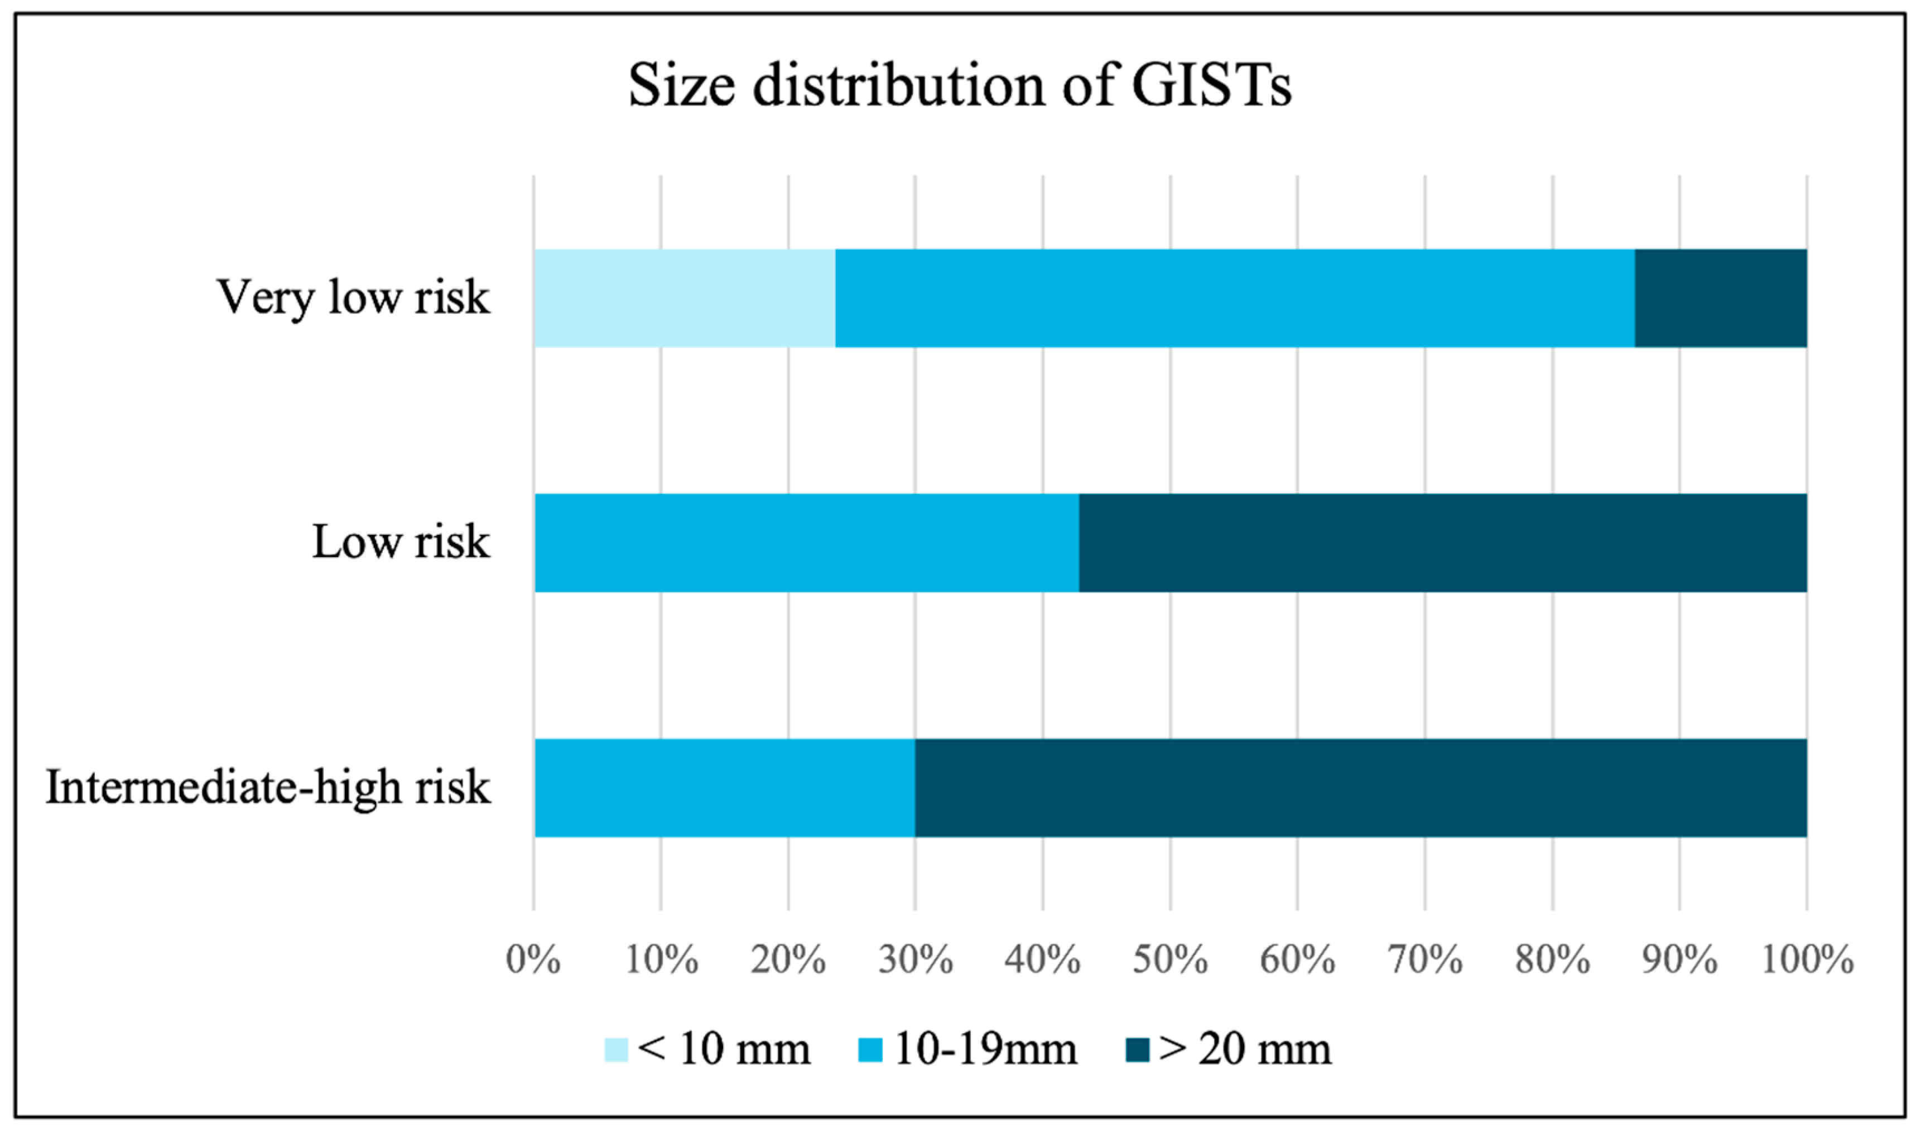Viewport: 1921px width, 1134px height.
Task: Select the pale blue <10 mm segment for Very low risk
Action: click(x=685, y=298)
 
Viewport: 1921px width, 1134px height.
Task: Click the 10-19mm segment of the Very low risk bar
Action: click(x=1235, y=298)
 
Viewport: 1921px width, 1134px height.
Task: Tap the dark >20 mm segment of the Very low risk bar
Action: click(x=1721, y=298)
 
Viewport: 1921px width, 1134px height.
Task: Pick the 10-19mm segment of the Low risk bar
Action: click(x=807, y=543)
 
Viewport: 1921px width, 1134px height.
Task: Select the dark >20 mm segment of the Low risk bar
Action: click(x=1443, y=543)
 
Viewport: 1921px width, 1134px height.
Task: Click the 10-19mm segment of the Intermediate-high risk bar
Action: click(x=724, y=788)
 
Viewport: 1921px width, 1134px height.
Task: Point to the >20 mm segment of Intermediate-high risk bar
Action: click(x=1360, y=788)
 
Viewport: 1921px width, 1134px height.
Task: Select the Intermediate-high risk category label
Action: click(x=267, y=788)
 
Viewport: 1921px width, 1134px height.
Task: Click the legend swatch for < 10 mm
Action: click(x=616, y=1050)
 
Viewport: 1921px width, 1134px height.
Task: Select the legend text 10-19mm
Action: click(x=985, y=1049)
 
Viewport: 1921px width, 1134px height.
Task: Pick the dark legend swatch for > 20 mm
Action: click(x=1138, y=1050)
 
